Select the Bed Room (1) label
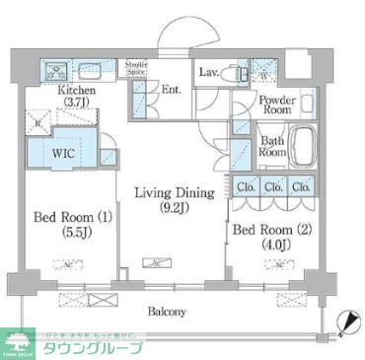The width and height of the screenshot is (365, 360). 62,216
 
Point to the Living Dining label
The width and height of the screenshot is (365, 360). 163,195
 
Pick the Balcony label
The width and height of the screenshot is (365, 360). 167,312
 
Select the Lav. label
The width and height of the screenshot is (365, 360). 208,72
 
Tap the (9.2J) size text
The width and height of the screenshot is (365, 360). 163,210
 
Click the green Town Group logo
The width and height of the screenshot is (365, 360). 22,342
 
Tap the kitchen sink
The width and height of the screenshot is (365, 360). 56,70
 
